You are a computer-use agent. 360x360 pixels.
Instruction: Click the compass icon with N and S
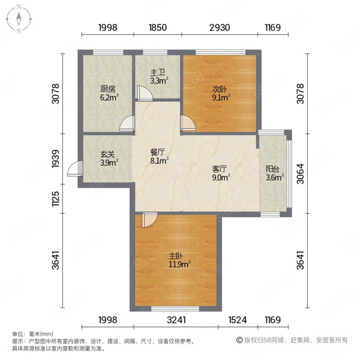tap(19, 18)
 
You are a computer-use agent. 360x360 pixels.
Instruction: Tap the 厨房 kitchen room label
tap(107, 92)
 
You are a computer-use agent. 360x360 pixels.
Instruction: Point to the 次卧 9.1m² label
tap(220, 92)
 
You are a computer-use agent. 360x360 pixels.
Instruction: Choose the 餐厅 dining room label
tap(159, 155)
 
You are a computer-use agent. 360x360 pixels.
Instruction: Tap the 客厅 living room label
tap(220, 173)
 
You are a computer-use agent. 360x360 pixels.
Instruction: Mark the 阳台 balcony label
tap(274, 173)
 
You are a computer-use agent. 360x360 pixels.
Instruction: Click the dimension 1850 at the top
tap(158, 27)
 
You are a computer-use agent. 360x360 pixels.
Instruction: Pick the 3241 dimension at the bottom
tap(176, 320)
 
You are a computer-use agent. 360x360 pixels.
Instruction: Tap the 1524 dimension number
tap(238, 320)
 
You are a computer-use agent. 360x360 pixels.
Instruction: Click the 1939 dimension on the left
tap(56, 158)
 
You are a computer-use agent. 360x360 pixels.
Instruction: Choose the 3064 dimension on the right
tap(301, 173)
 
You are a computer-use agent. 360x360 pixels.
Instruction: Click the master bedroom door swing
tap(148, 219)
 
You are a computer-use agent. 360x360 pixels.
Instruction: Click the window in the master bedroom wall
tap(175, 309)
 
